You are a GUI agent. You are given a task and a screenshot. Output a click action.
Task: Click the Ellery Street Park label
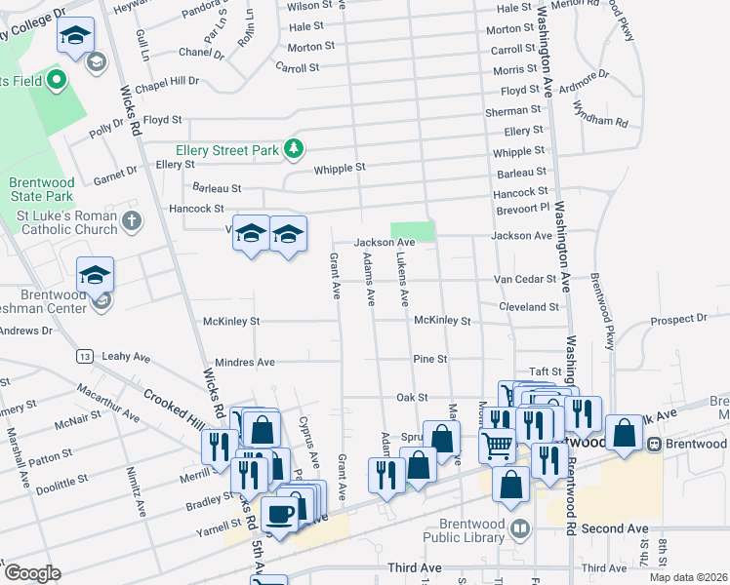[x=226, y=150]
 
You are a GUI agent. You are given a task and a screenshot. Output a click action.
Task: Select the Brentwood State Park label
[x=41, y=189]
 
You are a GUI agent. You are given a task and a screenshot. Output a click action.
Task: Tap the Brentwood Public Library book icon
[x=521, y=529]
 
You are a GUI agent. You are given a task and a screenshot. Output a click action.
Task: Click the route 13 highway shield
[x=86, y=356]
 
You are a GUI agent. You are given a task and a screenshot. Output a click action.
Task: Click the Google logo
[x=32, y=572]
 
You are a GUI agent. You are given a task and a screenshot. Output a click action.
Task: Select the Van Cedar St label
[x=524, y=278]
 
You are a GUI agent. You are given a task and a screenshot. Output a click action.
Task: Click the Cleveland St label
[x=529, y=306]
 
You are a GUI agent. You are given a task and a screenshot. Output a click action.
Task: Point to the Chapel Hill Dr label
[x=167, y=82]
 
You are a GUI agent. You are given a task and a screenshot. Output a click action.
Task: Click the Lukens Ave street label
[x=401, y=281]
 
